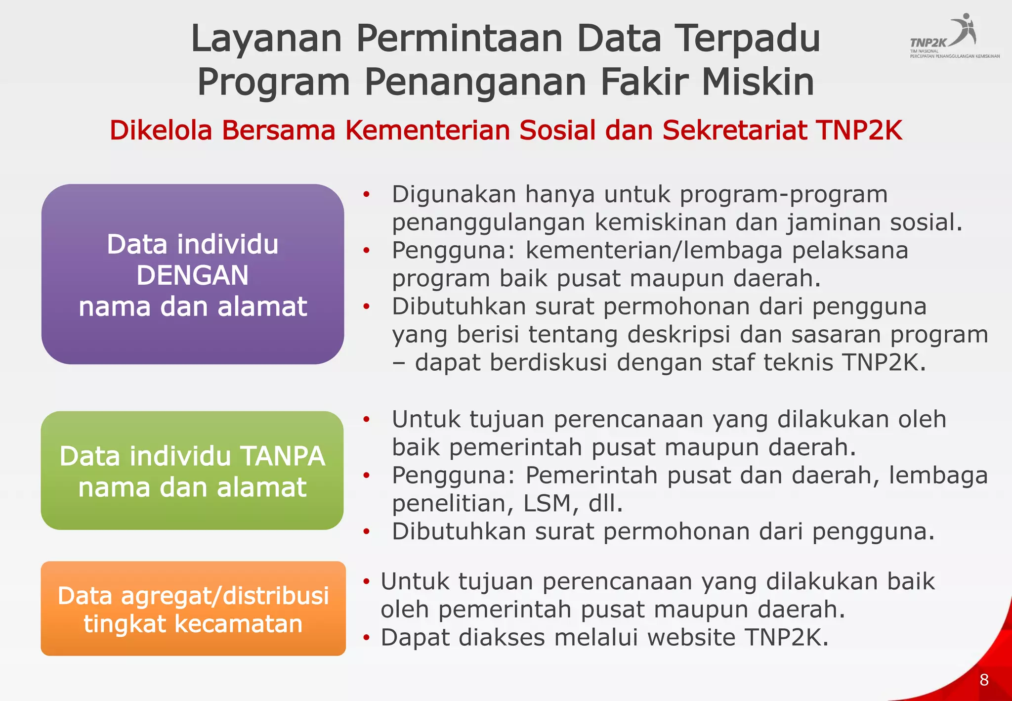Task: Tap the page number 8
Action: [984, 680]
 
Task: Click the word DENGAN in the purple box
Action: [192, 275]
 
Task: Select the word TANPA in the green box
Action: [282, 456]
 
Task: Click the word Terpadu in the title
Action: [748, 39]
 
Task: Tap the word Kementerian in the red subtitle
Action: [428, 131]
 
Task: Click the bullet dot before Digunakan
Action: [366, 194]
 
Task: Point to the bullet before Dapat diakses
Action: [366, 638]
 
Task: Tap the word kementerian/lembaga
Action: [654, 251]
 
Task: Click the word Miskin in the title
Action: [758, 82]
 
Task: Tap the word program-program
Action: [784, 194]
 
